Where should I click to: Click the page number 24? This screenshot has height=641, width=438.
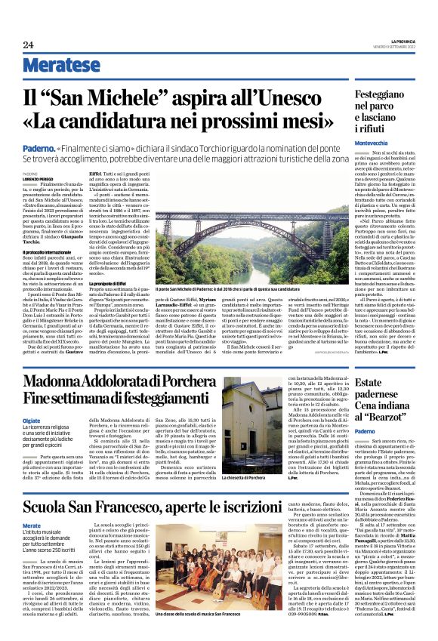28,45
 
